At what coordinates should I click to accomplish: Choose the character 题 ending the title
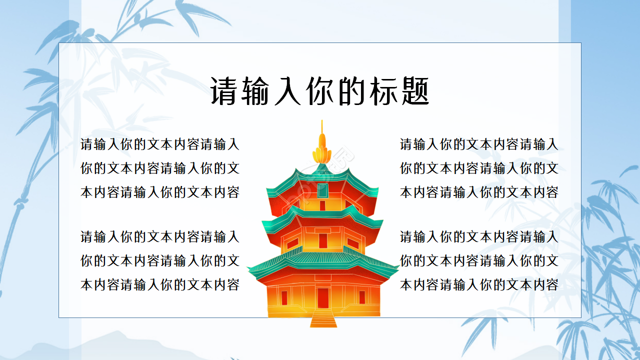414,91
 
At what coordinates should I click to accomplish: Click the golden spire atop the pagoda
322,147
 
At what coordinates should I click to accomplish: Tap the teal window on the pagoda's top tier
322,190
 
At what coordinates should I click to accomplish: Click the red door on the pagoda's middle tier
322,240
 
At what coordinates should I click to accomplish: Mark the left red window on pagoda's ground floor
284,298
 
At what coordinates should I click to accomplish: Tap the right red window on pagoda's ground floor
361,297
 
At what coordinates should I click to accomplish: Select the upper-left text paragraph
160,168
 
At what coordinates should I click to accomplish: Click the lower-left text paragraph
160,260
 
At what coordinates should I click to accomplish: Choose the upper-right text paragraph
479,168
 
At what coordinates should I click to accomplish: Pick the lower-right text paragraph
479,260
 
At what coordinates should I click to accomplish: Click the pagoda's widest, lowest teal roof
323,260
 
